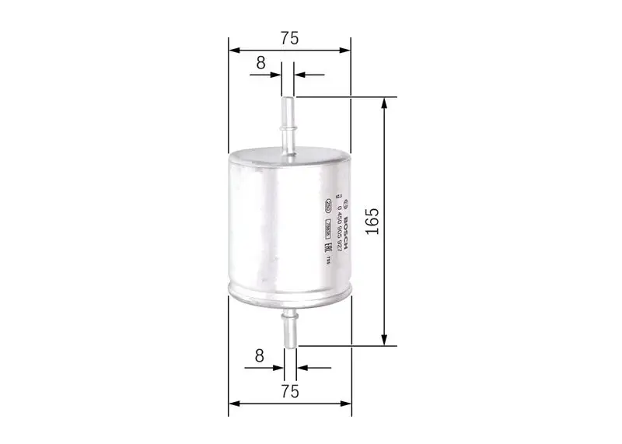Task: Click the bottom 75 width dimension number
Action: click(289, 391)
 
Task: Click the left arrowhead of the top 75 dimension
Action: click(233, 51)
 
